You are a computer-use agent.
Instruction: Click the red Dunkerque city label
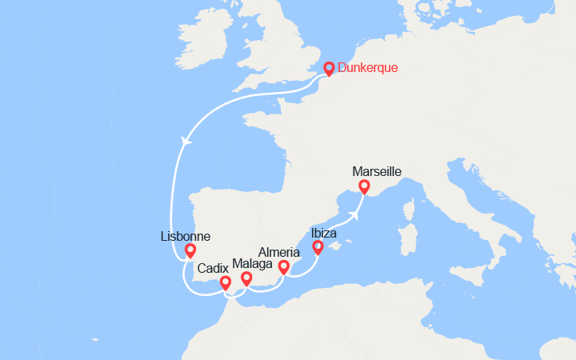click(x=368, y=68)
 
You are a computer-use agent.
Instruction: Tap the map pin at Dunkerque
click(x=329, y=68)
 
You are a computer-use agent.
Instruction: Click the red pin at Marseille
click(x=365, y=186)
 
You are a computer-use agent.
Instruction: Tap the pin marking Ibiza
click(x=318, y=247)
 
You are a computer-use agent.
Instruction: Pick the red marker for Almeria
click(x=283, y=266)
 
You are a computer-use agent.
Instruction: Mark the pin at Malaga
click(x=246, y=278)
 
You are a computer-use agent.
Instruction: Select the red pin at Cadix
click(x=225, y=282)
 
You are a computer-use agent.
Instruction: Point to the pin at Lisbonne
click(x=190, y=250)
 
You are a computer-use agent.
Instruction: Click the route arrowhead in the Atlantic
click(x=186, y=141)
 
